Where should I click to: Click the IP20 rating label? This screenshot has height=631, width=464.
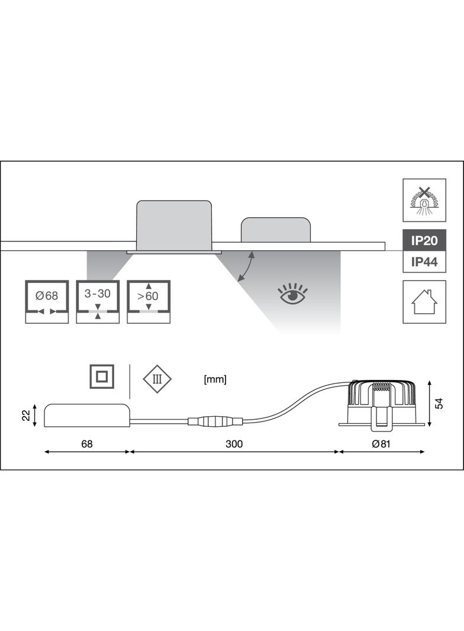pos(424,241)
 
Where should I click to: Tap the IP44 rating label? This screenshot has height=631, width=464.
pos(424,262)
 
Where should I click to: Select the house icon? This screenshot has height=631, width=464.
pos(424,302)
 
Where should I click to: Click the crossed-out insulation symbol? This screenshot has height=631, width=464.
pos(424,199)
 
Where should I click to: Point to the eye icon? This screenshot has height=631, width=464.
pos(292,294)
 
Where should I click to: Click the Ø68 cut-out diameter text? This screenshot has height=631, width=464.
pos(47,296)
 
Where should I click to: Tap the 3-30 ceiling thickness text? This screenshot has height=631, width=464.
pos(98,294)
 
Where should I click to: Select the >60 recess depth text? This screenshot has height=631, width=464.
pos(148,296)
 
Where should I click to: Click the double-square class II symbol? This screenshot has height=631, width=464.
pos(102,376)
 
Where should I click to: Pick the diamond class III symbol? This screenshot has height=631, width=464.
pos(157,379)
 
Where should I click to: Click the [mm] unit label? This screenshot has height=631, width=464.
pos(215,379)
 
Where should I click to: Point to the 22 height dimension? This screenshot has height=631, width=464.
pos(26,416)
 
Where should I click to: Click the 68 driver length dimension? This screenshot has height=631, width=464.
pos(87,443)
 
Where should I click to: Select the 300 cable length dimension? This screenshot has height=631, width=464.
pos(234,443)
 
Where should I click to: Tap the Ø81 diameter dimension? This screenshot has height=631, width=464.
pos(381,443)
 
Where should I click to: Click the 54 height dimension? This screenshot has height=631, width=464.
pos(440,403)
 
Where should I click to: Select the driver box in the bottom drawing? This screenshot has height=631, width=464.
pos(87,416)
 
